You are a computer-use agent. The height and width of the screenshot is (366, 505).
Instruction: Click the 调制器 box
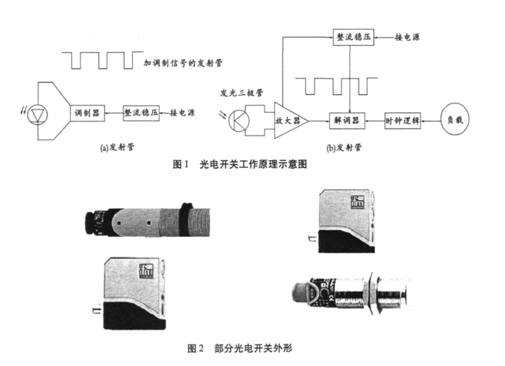tap(86, 113)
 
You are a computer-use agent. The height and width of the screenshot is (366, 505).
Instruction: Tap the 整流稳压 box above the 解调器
tap(353, 36)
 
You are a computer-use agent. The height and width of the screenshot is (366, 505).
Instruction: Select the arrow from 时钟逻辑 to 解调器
tap(375, 120)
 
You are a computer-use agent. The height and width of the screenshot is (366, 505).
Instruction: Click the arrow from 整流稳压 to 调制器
tap(113, 113)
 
